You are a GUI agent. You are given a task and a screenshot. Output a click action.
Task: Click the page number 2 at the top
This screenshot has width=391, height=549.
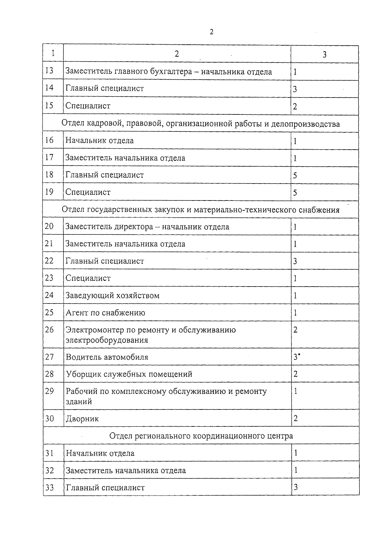pos(211,32)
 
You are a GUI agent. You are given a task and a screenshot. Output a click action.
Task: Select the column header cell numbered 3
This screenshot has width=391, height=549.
pos(325,54)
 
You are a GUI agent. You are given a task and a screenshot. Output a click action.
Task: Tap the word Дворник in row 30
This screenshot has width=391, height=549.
pos(82,419)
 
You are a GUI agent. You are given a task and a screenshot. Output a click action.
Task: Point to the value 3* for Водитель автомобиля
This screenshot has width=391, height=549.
pos(297,357)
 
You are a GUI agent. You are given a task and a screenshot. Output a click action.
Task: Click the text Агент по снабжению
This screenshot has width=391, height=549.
pos(105,313)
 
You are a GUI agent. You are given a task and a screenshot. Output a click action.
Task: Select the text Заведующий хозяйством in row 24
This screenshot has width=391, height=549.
pos(112,296)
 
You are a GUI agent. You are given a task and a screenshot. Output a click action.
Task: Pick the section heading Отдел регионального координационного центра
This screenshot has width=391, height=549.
pos(201,436)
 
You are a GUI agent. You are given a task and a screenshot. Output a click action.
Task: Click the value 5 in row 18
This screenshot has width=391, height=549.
pos(295,176)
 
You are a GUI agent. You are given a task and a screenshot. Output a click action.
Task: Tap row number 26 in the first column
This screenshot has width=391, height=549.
pos(49,330)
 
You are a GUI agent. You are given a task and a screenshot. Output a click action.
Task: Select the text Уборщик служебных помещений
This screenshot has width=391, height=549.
pos(129,374)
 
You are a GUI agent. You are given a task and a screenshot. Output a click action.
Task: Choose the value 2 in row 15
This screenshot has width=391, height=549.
pos(295,107)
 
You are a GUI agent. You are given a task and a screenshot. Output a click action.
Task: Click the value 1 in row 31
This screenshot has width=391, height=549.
pos(296,453)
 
